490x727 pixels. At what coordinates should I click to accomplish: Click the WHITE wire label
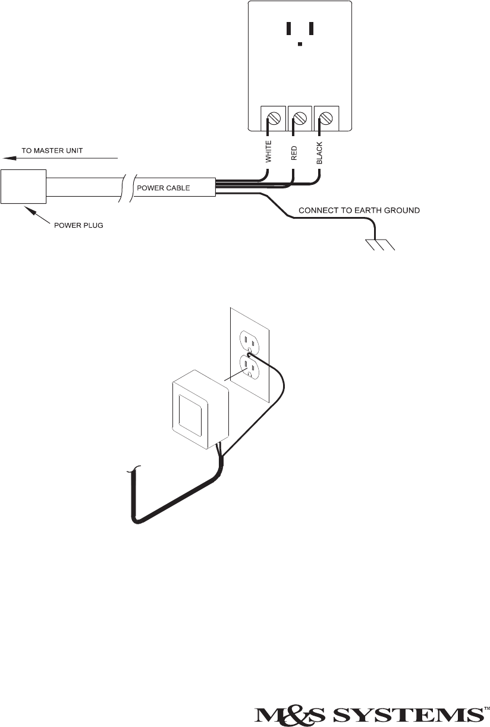268,152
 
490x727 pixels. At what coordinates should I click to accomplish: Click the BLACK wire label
319,153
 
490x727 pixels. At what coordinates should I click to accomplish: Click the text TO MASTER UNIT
56,151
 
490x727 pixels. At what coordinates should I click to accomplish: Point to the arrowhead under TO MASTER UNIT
7,159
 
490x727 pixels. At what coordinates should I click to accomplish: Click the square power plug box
23,187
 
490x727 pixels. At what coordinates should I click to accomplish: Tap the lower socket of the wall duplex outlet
249,367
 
